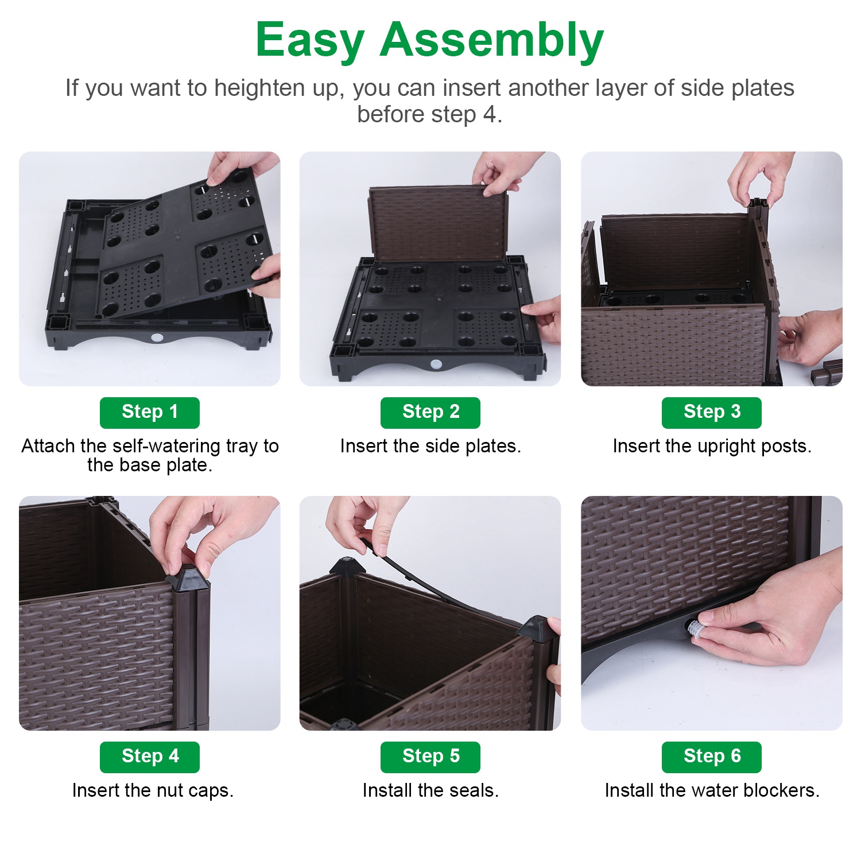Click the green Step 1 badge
point(149,412)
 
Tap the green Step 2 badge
point(430,412)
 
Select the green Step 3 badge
point(711,412)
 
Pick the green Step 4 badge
point(149,757)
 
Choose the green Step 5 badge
point(430,757)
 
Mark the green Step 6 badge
point(711,757)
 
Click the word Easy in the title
point(310,40)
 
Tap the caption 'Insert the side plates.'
point(430,446)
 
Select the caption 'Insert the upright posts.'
point(712,446)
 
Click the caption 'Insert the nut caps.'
point(153,790)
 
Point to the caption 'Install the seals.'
point(430,790)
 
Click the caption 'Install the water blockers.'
point(712,790)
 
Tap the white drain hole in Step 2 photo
point(436,364)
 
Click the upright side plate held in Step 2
point(437,224)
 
